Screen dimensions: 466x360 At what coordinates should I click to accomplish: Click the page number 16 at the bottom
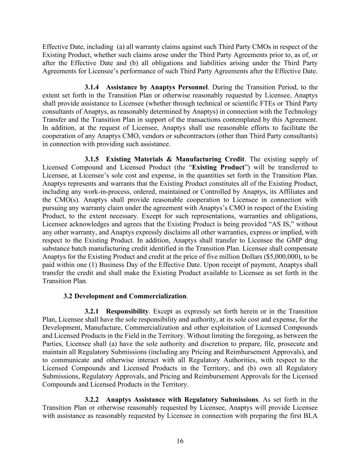180,441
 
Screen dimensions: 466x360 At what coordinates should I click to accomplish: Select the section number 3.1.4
92,87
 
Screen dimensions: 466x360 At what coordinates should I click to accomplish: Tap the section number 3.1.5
92,159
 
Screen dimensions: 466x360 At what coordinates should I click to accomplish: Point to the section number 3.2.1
92,311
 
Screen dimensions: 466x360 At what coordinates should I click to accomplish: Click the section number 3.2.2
92,399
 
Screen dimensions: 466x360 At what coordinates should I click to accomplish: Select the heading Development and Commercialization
130,296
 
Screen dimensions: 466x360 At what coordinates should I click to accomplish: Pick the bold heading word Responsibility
127,311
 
